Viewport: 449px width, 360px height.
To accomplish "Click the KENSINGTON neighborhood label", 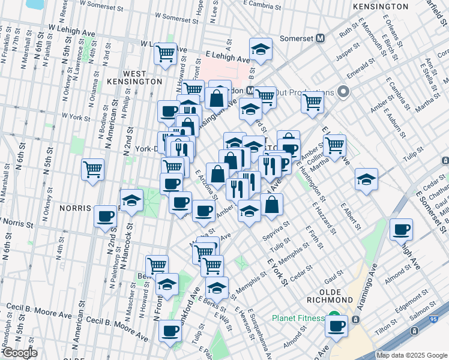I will click(381, 6).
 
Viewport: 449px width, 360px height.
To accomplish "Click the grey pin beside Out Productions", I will click(343, 92).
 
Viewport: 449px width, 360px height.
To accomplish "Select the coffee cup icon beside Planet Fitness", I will click(337, 326).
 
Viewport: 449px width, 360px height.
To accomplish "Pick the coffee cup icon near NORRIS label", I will click(106, 216).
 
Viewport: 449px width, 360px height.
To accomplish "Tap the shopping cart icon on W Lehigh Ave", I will click(165, 53).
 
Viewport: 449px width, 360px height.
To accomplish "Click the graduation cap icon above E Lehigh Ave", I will click(261, 49).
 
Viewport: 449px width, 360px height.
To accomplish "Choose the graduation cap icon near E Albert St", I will click(366, 179).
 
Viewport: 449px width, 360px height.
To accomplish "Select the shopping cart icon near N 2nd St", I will click(92, 169).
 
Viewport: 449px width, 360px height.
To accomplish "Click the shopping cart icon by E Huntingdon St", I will click(334, 145).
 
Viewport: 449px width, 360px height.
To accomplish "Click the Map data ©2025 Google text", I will click(412, 355).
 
